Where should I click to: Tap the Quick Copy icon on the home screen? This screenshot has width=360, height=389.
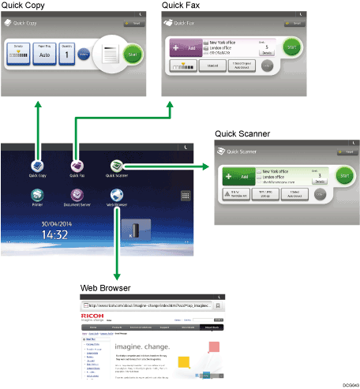pos(36,166)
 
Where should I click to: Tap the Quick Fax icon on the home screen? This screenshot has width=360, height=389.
pos(77,166)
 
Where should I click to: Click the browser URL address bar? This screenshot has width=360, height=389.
pos(158,305)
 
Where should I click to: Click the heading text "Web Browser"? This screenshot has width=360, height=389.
pos(104,288)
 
